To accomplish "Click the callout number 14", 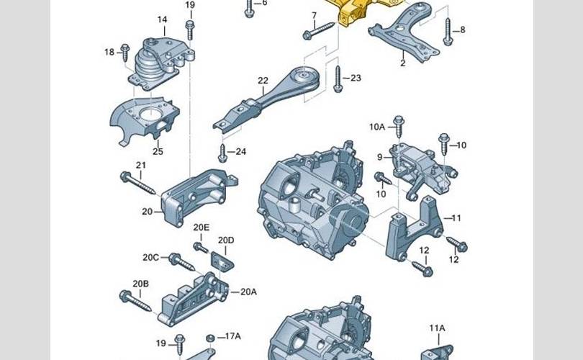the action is pos(162,19).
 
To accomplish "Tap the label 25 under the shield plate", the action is pos(158,151).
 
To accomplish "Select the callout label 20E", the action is pos(201,228).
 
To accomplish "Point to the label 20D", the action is pos(226,240).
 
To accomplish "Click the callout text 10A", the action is pos(377,127).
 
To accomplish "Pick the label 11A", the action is pos(438,328).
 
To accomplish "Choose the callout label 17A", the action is pos(233,336).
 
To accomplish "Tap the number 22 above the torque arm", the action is pos(263,81).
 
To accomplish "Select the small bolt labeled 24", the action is pos(222,153).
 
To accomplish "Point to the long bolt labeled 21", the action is pos(137,183).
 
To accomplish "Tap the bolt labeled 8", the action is pos(448,32).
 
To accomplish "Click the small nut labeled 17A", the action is pos(210,338).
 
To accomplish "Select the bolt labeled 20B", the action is pos(135,301).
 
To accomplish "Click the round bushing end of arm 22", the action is pos(305,78).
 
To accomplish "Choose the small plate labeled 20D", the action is pos(222,261).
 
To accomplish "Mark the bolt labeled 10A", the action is pos(399,127).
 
